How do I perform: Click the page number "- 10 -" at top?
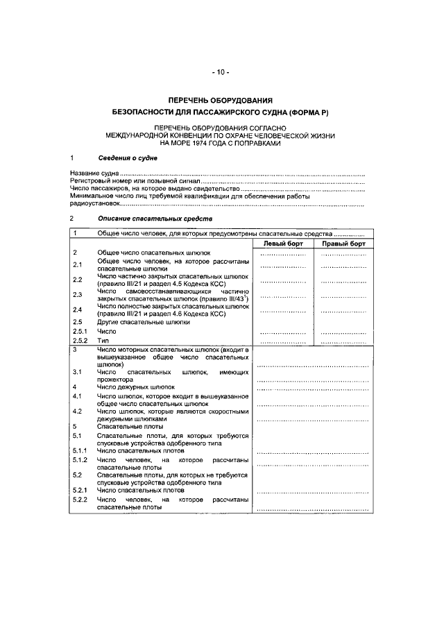(221, 72)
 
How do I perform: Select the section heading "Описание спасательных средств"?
(146, 219)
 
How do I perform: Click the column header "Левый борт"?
(282, 244)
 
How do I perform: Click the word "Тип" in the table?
(103, 341)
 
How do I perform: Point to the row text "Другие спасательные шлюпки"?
(143, 323)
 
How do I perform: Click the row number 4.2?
(78, 411)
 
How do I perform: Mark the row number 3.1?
(78, 373)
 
